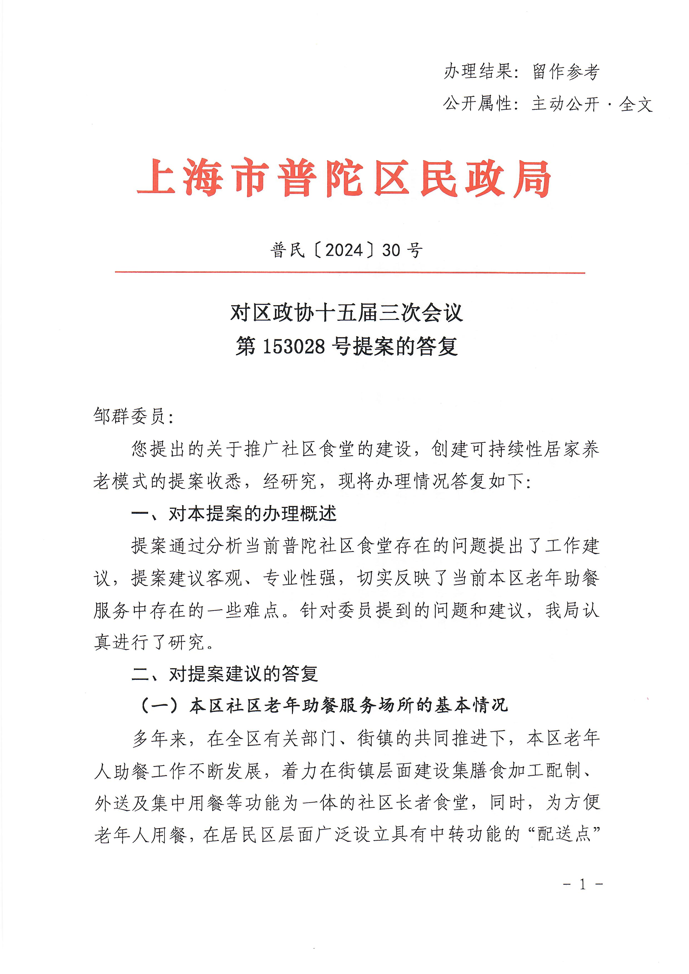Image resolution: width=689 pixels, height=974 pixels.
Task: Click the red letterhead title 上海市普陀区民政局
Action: (344, 179)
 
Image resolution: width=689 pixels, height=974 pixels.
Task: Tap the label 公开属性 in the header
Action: (477, 104)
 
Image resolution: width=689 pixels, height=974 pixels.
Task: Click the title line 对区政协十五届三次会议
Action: (346, 313)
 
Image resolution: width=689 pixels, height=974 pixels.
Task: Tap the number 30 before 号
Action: (391, 250)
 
